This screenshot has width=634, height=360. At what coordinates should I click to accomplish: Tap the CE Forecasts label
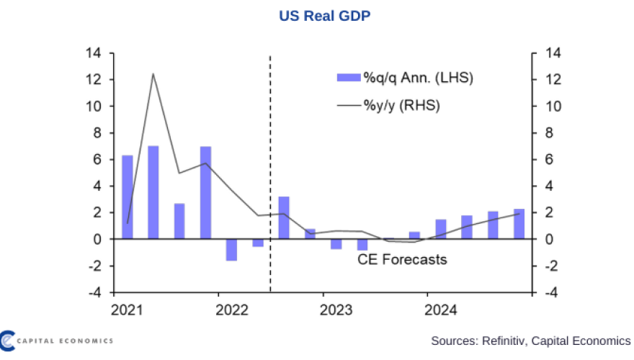click(402, 259)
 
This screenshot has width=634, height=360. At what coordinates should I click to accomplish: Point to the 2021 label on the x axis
click(126, 310)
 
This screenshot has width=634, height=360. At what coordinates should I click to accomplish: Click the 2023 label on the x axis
click(336, 310)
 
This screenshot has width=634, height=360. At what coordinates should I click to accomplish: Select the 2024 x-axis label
click(441, 310)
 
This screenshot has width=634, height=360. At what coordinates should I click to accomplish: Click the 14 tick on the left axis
click(94, 53)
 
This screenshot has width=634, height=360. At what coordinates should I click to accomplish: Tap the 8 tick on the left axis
click(97, 132)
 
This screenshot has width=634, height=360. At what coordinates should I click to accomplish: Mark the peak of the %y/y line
click(153, 73)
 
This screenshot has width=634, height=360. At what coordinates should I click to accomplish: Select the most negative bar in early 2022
click(231, 250)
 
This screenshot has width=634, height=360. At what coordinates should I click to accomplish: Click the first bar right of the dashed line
click(284, 217)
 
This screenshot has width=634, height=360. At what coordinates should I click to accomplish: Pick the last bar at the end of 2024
click(519, 224)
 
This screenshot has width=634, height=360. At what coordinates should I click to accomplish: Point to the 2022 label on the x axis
click(231, 310)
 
